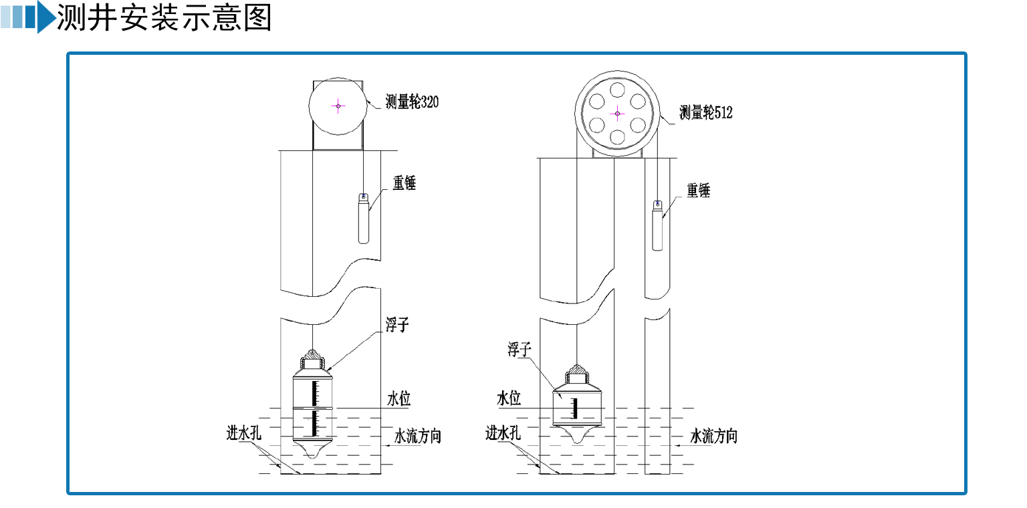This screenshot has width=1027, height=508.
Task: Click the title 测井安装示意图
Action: click(164, 18)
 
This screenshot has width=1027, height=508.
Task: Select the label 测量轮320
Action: click(412, 102)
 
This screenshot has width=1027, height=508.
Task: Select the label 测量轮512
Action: click(705, 112)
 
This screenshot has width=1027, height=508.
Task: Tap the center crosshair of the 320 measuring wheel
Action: click(338, 106)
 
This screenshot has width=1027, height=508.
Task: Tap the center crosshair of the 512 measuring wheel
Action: click(616, 113)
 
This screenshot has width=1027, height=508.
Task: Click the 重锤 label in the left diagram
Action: click(404, 182)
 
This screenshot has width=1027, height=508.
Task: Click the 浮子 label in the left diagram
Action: click(396, 326)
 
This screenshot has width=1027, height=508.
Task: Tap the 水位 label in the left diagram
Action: click(398, 399)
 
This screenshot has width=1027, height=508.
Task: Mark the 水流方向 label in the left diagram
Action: click(417, 437)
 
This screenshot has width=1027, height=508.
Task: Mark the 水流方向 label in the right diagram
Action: click(713, 437)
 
